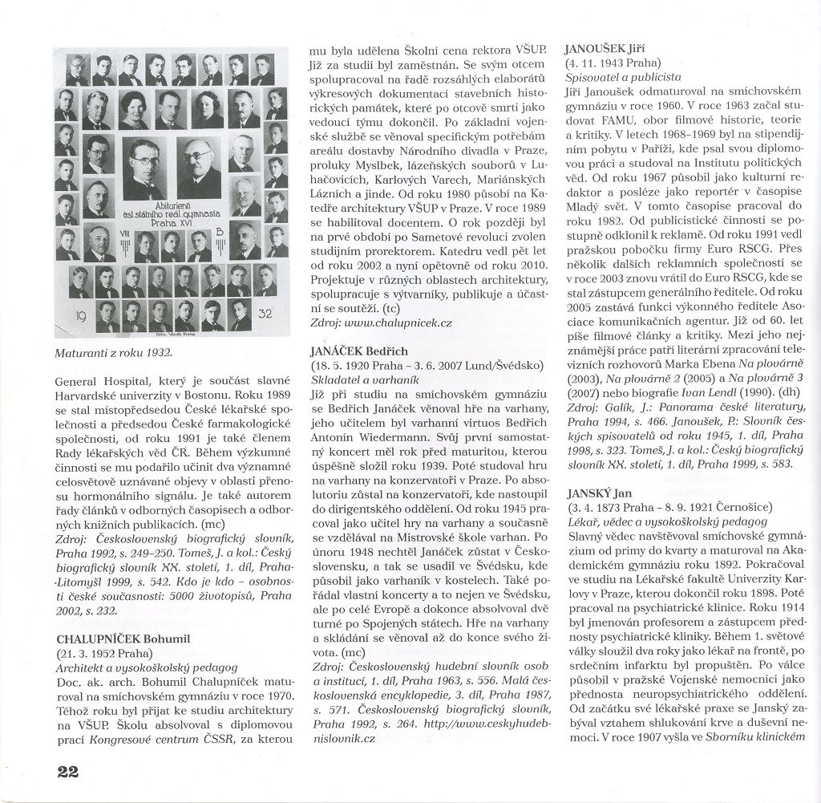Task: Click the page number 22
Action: click(x=67, y=772)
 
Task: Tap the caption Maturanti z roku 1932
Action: click(x=114, y=351)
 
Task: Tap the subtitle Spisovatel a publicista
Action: click(x=623, y=77)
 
